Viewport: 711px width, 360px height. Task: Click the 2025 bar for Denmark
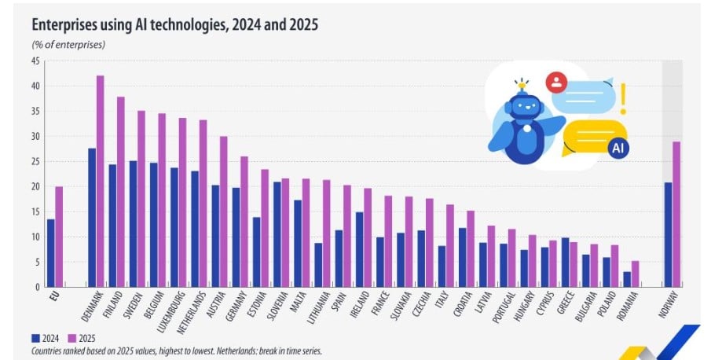[x=101, y=181]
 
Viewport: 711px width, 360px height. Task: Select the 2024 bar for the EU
[x=51, y=253]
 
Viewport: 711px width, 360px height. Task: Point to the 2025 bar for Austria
[x=224, y=211]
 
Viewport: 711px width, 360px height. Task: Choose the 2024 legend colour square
[x=36, y=340]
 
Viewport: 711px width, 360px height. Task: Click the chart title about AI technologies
[x=174, y=25]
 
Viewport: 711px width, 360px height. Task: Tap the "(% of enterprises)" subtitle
[x=68, y=44]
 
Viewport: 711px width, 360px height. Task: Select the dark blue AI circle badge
[x=618, y=147]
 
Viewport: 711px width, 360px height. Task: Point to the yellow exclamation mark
[x=624, y=99]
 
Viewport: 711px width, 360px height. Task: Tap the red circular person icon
[x=556, y=82]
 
